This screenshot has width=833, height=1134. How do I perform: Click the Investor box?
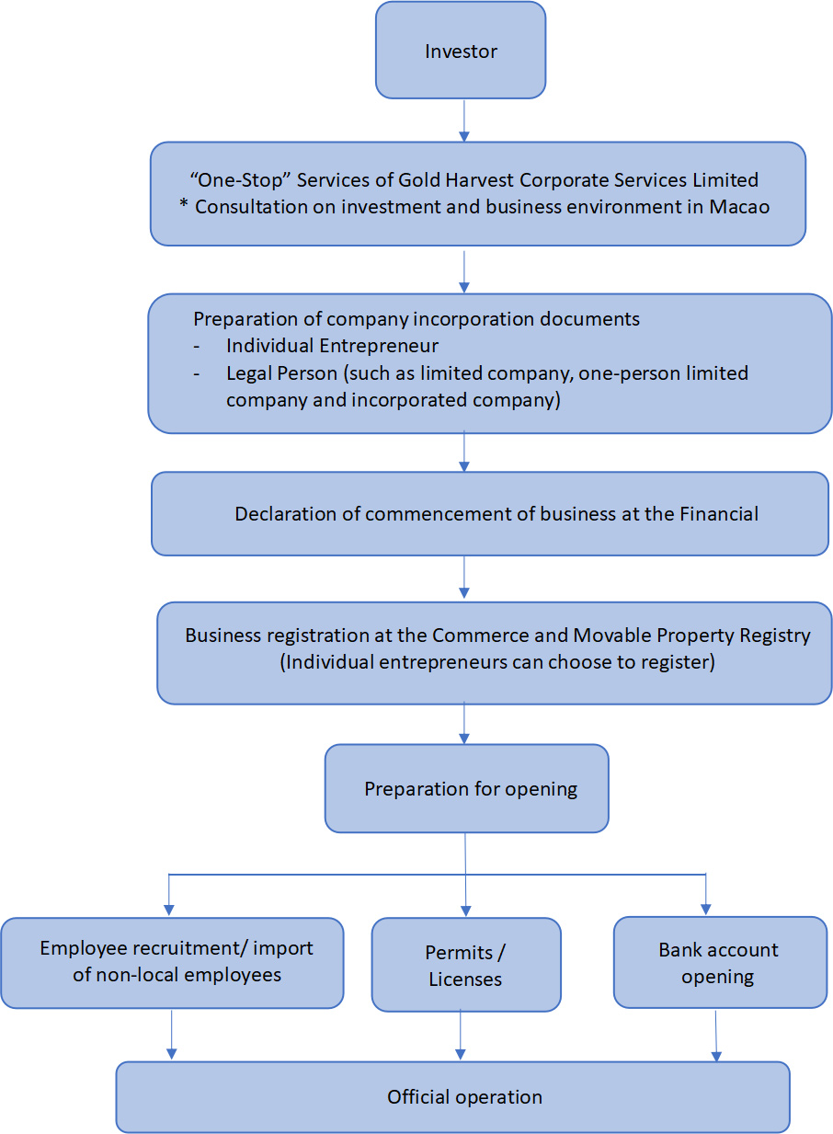(x=461, y=51)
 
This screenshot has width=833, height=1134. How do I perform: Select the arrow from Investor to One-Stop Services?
(x=463, y=120)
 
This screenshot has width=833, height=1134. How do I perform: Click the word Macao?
(x=739, y=206)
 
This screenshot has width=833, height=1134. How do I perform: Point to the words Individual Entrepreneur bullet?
(x=332, y=347)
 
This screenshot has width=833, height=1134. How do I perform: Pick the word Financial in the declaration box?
(x=719, y=513)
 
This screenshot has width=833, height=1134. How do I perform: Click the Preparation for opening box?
(x=467, y=788)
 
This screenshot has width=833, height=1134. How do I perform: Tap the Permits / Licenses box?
(x=466, y=965)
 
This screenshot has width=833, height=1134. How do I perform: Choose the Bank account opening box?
(x=719, y=962)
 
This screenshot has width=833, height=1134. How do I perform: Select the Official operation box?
(x=453, y=1096)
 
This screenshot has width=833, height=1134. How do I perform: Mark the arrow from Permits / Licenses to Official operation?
(x=461, y=1037)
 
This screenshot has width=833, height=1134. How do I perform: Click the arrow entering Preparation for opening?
(x=464, y=724)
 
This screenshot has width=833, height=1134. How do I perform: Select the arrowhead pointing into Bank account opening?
(x=705, y=909)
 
